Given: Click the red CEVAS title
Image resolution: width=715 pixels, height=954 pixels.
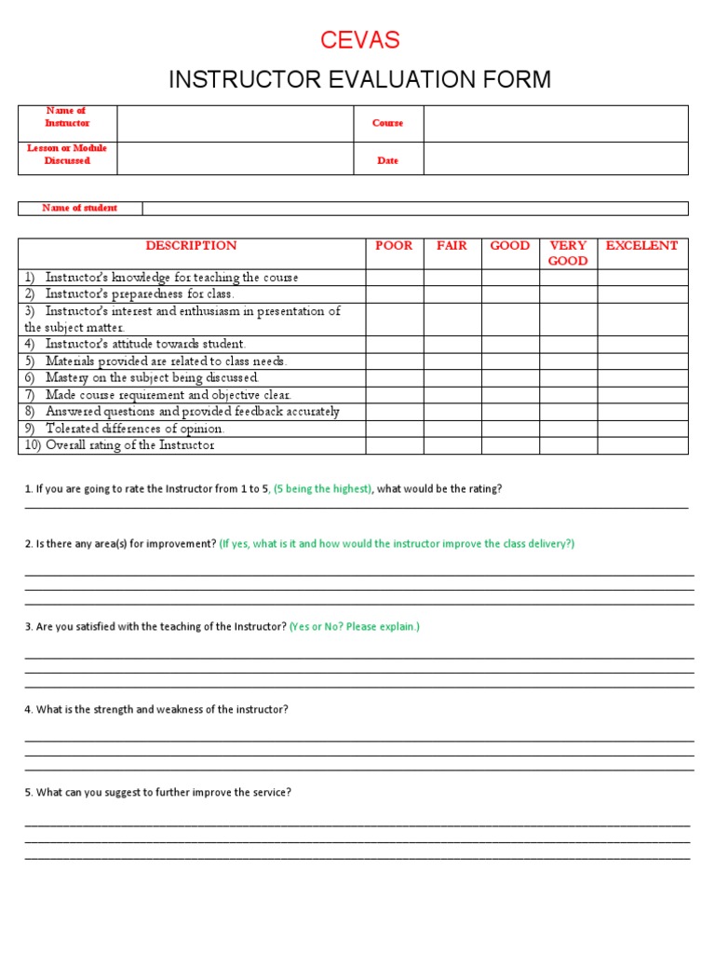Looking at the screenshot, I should pos(360,40).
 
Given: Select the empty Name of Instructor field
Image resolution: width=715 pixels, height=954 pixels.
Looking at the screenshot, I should pos(235,123).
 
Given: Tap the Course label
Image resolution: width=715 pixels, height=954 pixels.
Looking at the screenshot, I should pos(387,123).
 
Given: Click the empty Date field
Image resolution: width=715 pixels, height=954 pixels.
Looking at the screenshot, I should pos(555,159).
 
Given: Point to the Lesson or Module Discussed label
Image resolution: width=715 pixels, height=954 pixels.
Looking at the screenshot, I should pos(68,155).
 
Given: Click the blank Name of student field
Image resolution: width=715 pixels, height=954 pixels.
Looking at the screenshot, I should pos(414,209).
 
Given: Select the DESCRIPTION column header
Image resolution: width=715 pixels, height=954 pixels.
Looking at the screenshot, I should pos(191,246).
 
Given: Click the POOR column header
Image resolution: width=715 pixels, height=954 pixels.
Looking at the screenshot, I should pos(394,246).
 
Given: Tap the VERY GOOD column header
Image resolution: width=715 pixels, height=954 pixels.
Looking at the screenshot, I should pos(568,253).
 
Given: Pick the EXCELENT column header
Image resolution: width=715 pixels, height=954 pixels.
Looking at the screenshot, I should pos(641,246).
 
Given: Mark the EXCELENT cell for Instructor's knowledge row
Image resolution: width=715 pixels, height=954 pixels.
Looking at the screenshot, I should pos(641,278).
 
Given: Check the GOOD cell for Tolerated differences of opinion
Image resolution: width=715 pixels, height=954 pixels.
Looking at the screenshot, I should pos(510,429).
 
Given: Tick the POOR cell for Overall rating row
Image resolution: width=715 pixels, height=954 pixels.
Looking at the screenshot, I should pos(394,445).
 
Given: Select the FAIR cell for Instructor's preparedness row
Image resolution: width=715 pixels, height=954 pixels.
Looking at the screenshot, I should pos(452,294).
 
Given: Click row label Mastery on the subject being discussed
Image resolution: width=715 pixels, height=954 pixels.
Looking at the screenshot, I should pos(152,378).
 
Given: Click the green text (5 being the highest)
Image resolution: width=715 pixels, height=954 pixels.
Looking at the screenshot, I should pos(322,489).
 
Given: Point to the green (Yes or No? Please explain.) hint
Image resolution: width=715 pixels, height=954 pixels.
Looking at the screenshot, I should pos(355,627).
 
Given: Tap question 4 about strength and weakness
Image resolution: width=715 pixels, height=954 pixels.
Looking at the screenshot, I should pos(156,710).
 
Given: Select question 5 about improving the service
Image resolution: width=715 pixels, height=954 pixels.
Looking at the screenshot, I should pos(158,793).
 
